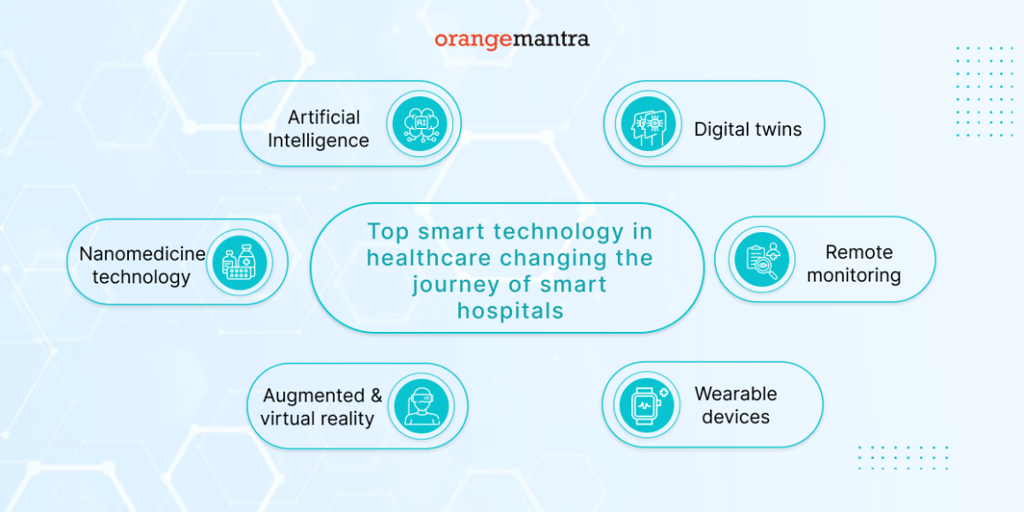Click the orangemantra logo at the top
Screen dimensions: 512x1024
(x=512, y=40)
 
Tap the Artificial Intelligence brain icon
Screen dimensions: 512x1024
(x=420, y=124)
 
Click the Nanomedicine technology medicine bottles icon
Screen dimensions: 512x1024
(x=239, y=262)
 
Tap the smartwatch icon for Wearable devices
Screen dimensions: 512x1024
(x=645, y=404)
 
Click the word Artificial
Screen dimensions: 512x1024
(x=324, y=117)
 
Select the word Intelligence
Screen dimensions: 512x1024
(x=318, y=140)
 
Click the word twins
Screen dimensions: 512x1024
(x=777, y=129)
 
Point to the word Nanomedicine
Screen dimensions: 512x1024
(x=142, y=254)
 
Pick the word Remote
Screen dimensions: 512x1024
(x=859, y=252)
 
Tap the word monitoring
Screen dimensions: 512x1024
(x=854, y=275)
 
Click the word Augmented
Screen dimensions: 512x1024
(x=314, y=395)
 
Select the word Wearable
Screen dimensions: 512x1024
(x=735, y=394)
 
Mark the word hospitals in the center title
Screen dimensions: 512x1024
(x=510, y=311)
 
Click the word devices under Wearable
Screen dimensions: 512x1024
(x=735, y=417)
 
